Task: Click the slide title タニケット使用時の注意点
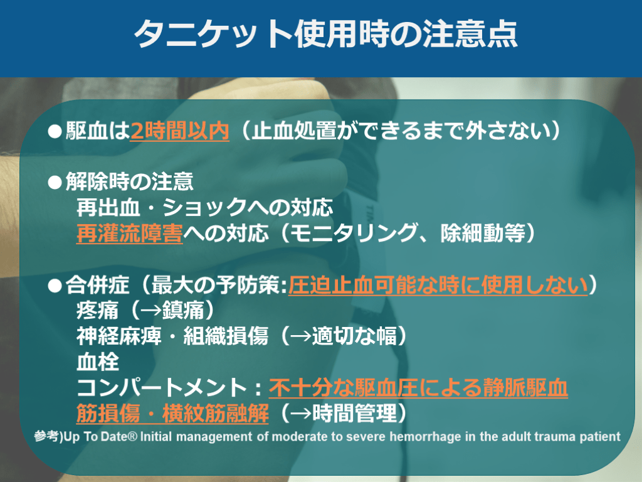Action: coord(326,34)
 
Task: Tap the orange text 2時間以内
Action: coord(179,131)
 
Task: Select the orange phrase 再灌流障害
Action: coord(129,233)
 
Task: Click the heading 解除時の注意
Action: coord(129,181)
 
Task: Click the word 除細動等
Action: coord(483,233)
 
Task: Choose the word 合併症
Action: coord(97,285)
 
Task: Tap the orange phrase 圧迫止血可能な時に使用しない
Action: coord(438,285)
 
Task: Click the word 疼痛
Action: coord(97,310)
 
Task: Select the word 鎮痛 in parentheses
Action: coord(183,310)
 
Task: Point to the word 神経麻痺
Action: coord(118,336)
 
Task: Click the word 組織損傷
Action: coord(226,336)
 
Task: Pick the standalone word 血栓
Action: coord(97,361)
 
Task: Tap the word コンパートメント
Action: coord(161,387)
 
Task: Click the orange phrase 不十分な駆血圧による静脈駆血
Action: coord(418,387)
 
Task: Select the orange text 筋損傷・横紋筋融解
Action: coord(172,413)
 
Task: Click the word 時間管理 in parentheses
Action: coord(355,413)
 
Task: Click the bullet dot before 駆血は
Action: coord(55,132)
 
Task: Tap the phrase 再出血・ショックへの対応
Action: coord(204,207)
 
